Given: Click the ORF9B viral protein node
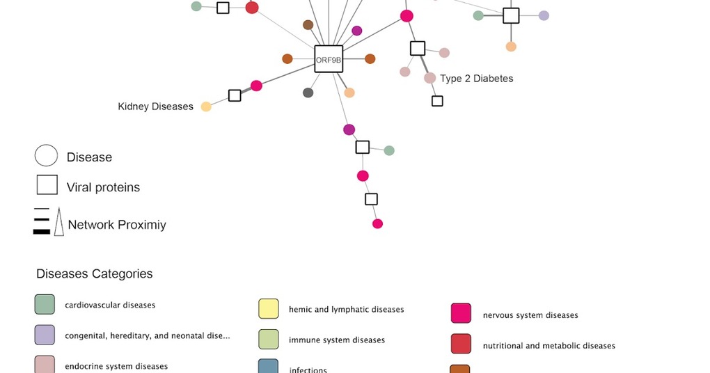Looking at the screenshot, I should (329, 60).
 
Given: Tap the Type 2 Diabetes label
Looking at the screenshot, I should (477, 79).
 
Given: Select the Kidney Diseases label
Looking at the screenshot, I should (155, 106).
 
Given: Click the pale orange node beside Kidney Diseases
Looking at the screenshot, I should (206, 106).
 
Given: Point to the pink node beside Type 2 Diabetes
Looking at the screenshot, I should (430, 78).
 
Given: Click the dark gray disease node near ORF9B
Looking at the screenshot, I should (308, 93).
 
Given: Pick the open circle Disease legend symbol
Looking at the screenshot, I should (46, 156).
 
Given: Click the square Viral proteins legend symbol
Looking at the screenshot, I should (47, 185).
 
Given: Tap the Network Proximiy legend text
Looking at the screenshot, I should (117, 225).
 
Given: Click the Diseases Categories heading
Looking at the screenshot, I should (94, 273).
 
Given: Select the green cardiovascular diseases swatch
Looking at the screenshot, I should (45, 304).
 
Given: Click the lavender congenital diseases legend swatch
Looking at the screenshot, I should (45, 335).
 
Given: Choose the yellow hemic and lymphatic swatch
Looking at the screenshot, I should (269, 309).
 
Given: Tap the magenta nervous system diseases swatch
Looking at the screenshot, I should (461, 314).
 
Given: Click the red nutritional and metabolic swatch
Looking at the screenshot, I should (461, 344).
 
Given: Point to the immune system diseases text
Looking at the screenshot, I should (337, 340).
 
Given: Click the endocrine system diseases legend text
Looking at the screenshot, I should (116, 366).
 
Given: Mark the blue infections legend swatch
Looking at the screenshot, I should (269, 367).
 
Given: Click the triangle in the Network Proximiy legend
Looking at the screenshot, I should (59, 222).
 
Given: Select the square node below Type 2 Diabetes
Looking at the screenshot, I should (437, 101).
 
